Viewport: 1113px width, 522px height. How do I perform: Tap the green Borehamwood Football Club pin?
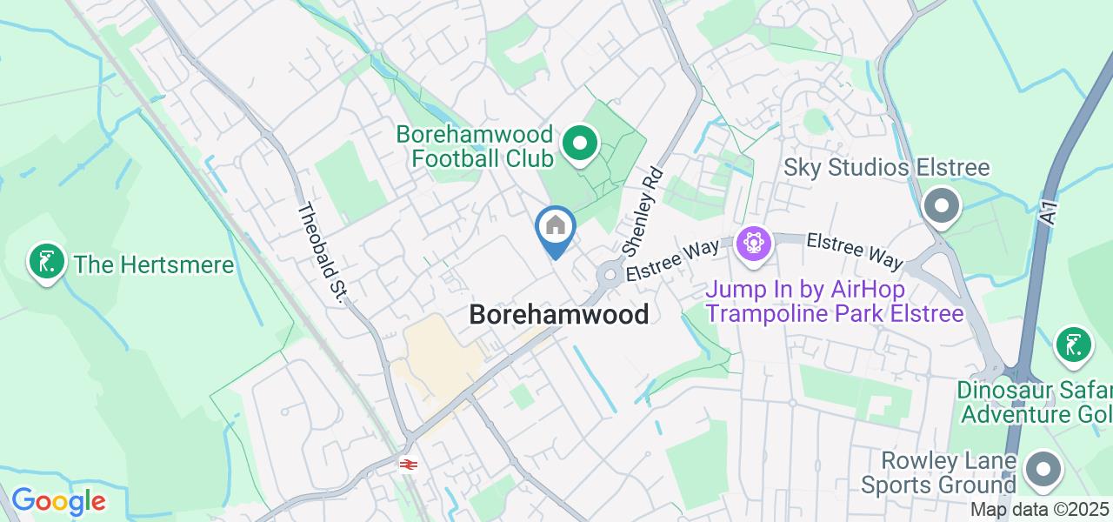(x=580, y=144)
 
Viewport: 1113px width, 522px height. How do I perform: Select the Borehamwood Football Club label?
(x=475, y=146)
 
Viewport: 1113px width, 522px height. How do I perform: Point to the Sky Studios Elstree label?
(x=888, y=168)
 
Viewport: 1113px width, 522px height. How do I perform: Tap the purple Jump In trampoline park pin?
(x=753, y=243)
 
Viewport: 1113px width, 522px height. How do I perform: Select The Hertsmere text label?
(x=154, y=264)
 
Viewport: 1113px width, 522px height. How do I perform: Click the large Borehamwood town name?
(x=559, y=314)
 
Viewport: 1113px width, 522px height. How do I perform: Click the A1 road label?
(x=1050, y=213)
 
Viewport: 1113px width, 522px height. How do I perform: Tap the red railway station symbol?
(x=408, y=464)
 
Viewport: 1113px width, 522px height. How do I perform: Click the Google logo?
(x=58, y=501)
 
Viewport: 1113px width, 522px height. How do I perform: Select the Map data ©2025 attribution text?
(x=1040, y=509)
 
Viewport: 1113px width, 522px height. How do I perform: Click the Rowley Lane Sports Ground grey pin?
(x=1042, y=470)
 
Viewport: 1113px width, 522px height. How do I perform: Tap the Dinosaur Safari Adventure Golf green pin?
(x=1074, y=345)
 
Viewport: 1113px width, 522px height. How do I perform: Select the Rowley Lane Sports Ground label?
(x=949, y=472)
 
